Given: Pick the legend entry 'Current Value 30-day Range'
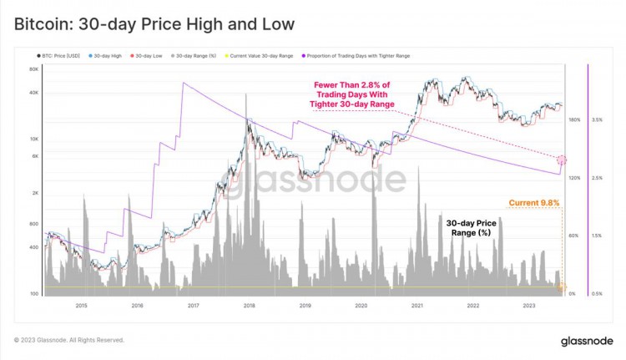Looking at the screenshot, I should [261, 56].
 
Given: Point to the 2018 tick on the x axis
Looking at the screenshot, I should [250, 307].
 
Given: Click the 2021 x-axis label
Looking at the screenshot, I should [417, 307].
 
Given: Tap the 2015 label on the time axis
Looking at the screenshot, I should [81, 307].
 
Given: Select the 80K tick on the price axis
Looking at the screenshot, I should [33, 69].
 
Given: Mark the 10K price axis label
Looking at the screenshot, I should [33, 139].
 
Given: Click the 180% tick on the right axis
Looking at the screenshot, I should [573, 120].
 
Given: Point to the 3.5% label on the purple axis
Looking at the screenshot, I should [597, 120].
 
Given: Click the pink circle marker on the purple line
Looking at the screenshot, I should [562, 160].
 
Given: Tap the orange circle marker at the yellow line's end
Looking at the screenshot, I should [561, 287].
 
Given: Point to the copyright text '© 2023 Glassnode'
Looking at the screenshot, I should [69, 340].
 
